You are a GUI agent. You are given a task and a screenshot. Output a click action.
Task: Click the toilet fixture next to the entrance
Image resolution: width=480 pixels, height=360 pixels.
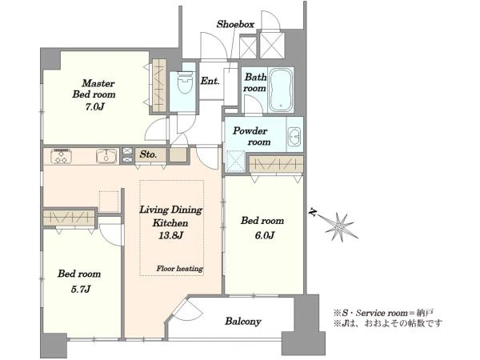click(x=186, y=82)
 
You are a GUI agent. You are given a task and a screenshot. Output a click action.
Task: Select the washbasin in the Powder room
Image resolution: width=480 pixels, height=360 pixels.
click(x=294, y=136)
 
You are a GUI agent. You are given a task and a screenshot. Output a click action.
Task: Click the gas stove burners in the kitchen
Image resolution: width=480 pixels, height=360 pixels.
click(x=62, y=156)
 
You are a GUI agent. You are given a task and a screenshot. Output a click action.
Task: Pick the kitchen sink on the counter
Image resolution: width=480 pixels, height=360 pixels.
click(x=106, y=156)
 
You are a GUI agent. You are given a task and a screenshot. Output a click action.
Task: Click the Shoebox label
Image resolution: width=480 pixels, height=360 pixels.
click(x=235, y=24)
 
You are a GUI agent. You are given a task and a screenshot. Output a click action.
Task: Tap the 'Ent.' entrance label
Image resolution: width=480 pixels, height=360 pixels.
click(x=210, y=81)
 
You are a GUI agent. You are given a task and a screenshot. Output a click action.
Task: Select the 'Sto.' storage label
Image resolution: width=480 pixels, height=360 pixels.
click(x=148, y=154)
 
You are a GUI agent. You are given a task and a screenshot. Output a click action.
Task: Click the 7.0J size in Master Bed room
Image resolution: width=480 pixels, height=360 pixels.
click(x=94, y=107)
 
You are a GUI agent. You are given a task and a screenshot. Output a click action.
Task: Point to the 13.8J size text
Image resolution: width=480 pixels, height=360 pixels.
click(x=171, y=235)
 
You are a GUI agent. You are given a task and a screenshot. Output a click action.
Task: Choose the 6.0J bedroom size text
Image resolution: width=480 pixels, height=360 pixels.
click(x=265, y=235)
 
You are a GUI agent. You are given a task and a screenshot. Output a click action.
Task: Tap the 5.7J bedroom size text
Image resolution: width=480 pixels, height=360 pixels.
click(x=81, y=289)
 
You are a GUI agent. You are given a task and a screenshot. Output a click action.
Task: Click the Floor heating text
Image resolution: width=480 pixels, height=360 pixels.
click(x=180, y=269)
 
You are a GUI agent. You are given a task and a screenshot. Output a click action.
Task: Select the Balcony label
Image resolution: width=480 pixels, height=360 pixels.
click(x=243, y=321)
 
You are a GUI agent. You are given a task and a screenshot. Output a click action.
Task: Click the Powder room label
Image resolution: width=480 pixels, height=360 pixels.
click(x=251, y=136)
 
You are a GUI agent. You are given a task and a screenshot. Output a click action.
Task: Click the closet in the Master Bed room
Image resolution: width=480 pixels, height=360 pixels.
click(x=159, y=86)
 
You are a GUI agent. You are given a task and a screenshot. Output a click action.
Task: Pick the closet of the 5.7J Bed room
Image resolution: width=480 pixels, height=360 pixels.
click(x=69, y=218)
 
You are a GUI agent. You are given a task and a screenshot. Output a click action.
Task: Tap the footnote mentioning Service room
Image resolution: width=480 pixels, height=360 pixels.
click(x=383, y=313)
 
